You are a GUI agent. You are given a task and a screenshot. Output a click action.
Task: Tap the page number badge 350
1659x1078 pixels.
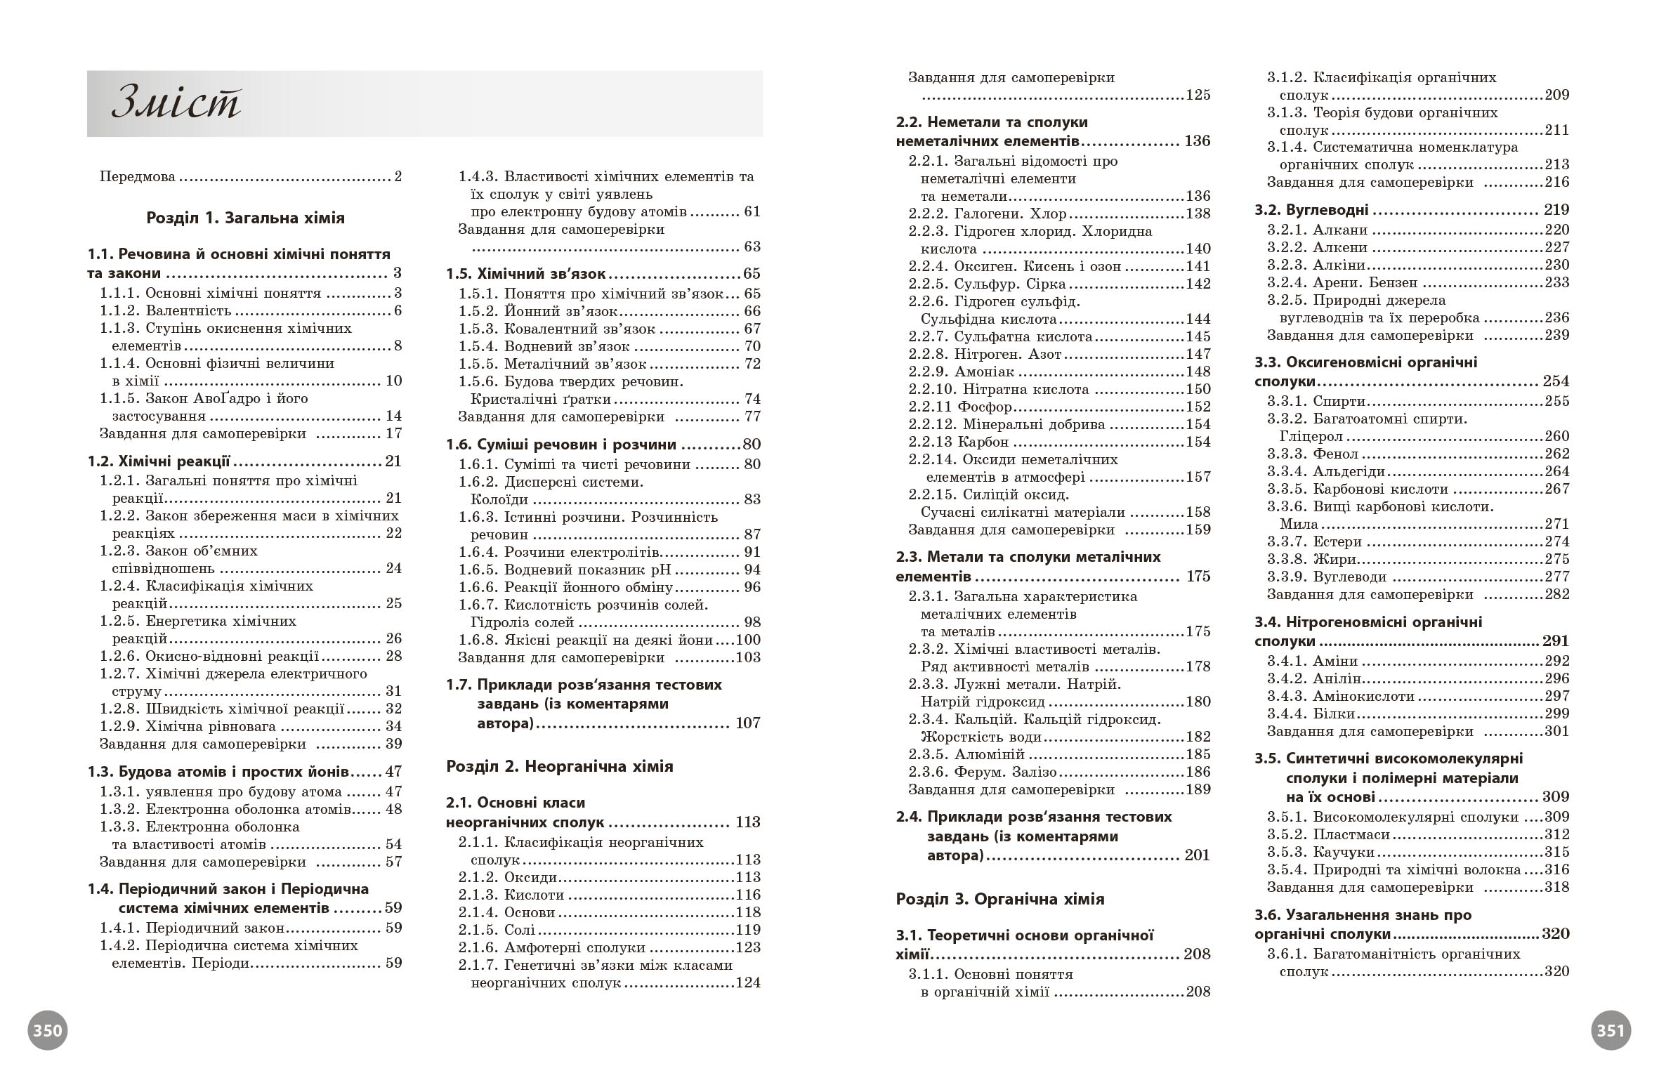(x=48, y=1030)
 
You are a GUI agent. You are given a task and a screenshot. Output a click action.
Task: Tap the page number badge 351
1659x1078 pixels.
(x=1611, y=1030)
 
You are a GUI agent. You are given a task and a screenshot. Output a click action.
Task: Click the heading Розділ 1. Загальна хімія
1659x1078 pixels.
(x=245, y=218)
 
